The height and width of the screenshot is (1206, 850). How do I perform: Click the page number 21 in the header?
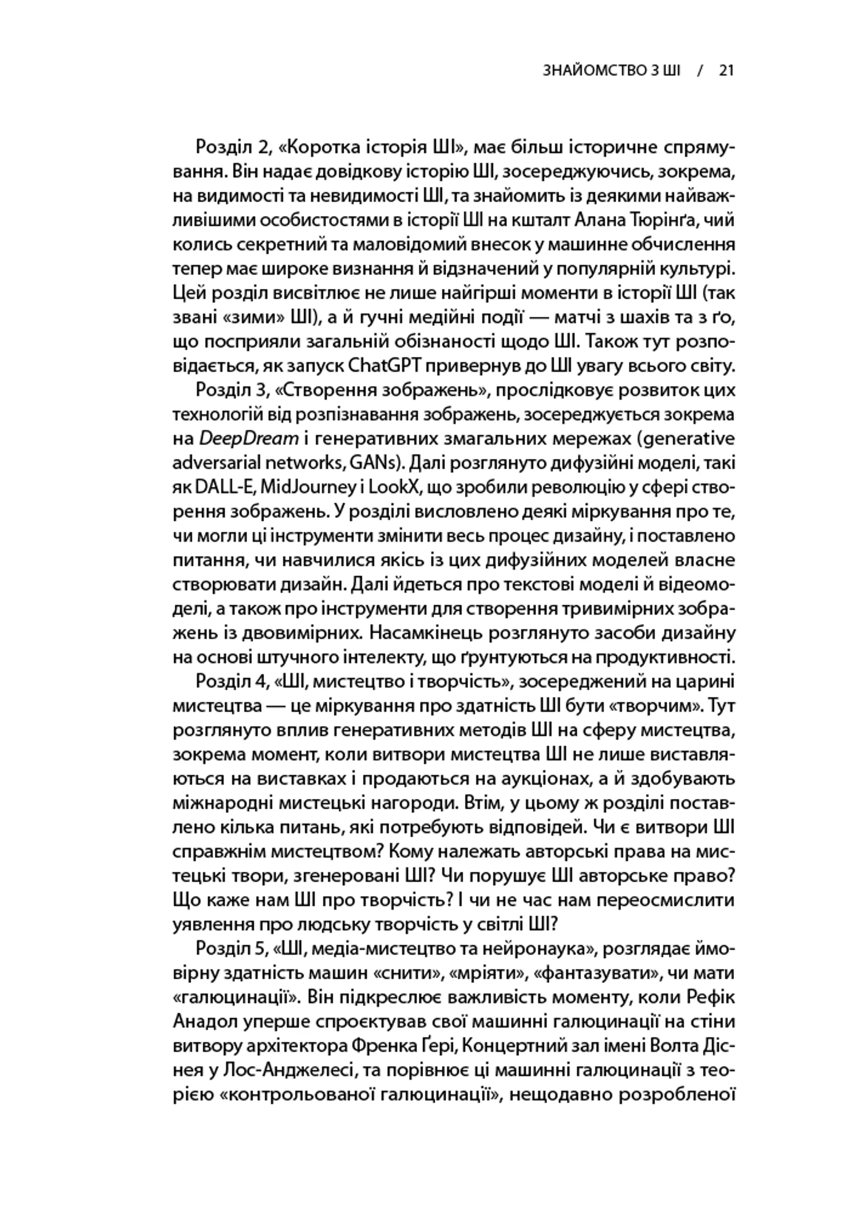click(726, 70)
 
